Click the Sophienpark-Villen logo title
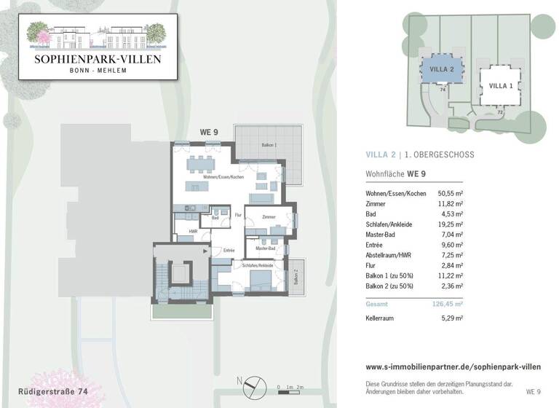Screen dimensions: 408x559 (x=98, y=58)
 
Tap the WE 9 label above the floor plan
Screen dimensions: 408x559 (x=209, y=132)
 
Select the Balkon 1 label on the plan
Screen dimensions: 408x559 (x=269, y=146)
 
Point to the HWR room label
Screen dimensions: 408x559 (x=193, y=232)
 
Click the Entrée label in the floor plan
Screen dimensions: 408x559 (x=229, y=251)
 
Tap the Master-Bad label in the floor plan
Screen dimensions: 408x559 (x=265, y=248)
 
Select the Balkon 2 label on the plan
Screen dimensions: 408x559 (x=296, y=277)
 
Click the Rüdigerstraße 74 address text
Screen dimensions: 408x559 (x=53, y=392)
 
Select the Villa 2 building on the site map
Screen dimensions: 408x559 (x=442, y=69)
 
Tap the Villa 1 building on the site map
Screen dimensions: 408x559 (x=500, y=86)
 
